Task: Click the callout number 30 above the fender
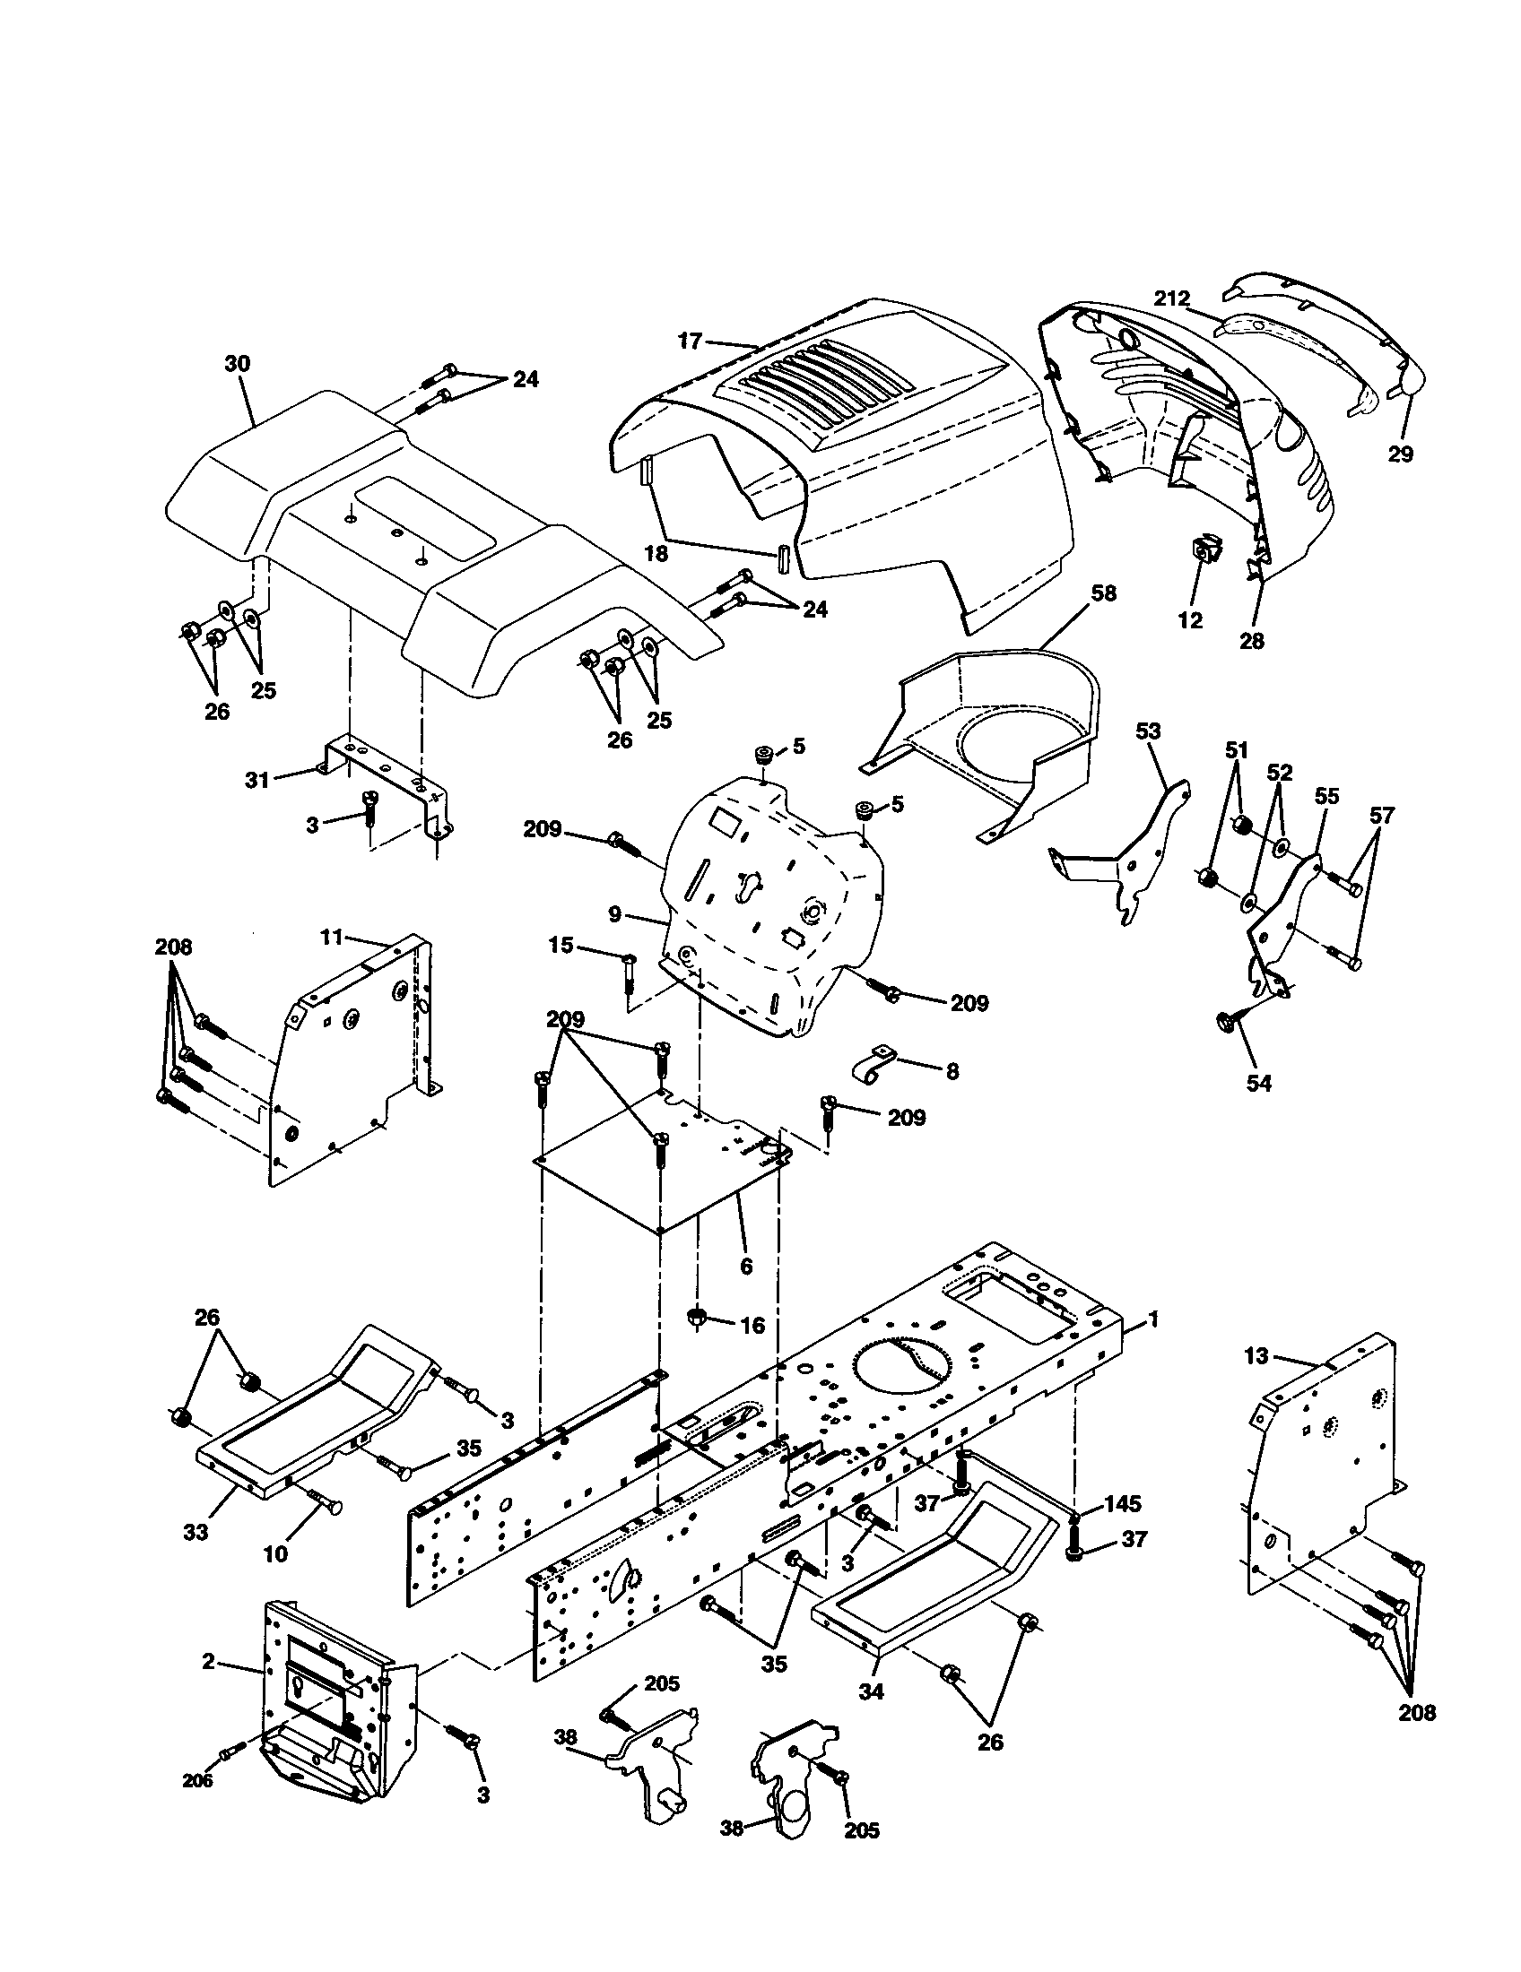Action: pos(238,364)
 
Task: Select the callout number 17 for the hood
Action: pos(689,342)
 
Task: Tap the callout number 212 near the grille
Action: pos(1171,298)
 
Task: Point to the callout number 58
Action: pos(1103,593)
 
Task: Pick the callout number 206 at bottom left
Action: pos(197,1780)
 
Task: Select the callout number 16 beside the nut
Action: pos(752,1325)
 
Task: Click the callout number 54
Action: pos(1258,1083)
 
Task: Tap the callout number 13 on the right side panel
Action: pos(1256,1355)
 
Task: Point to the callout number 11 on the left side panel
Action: pos(332,937)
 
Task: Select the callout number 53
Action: pos(1147,731)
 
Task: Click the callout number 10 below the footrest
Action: pos(274,1553)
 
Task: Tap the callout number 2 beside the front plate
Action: pos(209,1660)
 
